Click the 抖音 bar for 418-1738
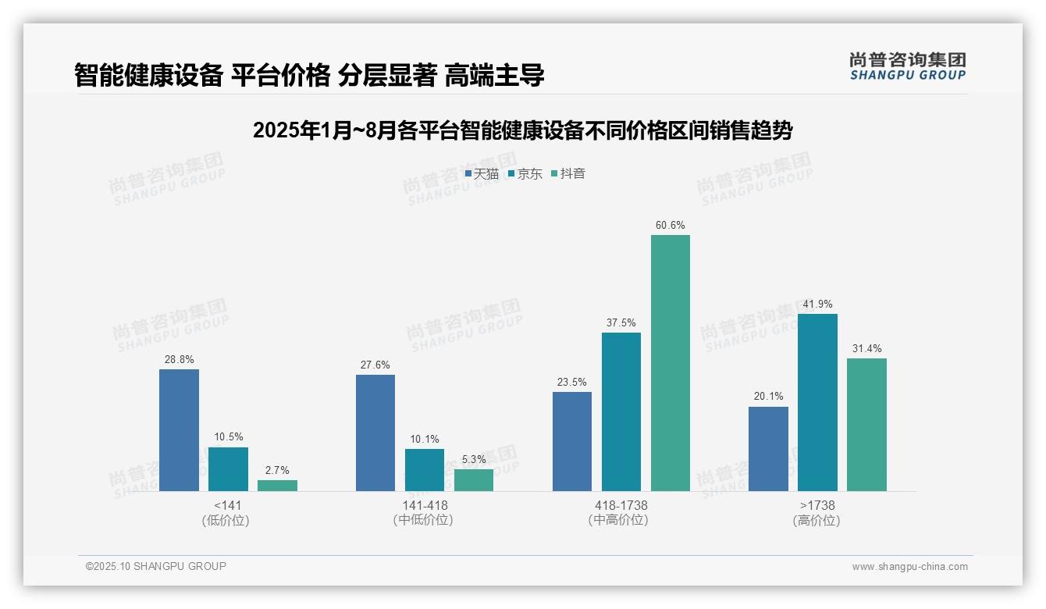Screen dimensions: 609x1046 (671, 363)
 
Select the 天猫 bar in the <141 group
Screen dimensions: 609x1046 (179, 430)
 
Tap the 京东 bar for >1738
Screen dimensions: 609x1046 (817, 402)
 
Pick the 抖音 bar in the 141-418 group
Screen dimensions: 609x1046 (474, 480)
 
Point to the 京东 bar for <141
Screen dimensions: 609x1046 (228, 469)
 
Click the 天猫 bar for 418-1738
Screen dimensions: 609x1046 (572, 441)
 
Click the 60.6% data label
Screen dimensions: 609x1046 (671, 226)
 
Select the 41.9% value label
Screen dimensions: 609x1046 (817, 304)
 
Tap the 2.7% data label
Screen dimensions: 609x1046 (277, 471)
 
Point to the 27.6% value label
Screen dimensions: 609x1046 (375, 365)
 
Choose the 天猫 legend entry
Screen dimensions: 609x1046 (482, 174)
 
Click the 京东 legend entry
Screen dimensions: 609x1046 (525, 174)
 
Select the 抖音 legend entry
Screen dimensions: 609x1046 (568, 174)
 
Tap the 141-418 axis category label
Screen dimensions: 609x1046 (425, 505)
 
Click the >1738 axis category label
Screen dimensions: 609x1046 (817, 505)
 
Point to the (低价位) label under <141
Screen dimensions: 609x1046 (227, 521)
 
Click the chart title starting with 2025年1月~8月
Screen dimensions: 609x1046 (522, 131)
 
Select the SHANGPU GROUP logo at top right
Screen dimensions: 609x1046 (908, 66)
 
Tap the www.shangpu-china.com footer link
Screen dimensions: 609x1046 (909, 567)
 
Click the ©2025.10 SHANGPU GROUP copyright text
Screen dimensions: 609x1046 (156, 566)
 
